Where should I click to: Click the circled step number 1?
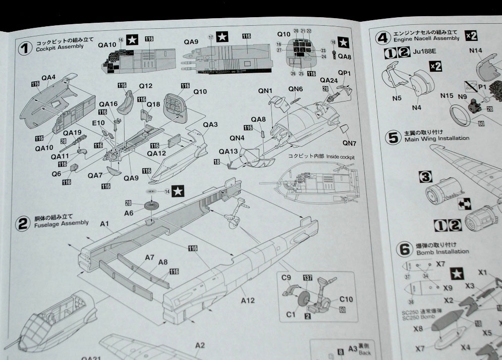[x=25, y=48]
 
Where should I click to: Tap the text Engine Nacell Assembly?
[x=432, y=38]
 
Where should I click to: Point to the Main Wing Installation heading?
[x=436, y=138]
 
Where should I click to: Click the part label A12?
[x=248, y=300]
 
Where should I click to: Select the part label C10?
[x=346, y=299]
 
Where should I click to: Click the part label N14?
[x=476, y=50]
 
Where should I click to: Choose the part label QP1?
[x=344, y=73]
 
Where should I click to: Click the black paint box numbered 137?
[x=307, y=278]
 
